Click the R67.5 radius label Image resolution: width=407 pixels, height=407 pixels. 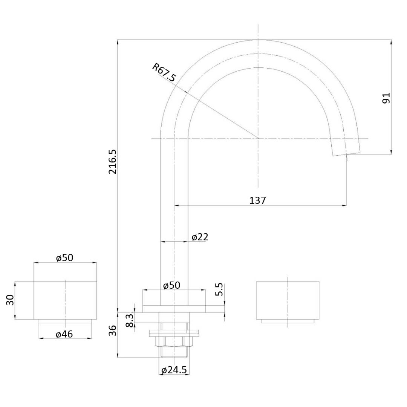[164, 72]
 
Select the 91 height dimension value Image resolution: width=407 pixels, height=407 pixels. [387, 98]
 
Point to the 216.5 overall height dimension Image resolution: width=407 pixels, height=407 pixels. [112, 161]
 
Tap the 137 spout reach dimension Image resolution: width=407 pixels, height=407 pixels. [258, 200]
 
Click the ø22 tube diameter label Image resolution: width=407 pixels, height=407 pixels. [200, 237]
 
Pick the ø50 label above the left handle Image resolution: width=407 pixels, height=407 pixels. [64, 257]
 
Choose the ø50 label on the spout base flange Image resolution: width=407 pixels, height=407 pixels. [171, 285]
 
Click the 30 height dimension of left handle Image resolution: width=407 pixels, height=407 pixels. [10, 300]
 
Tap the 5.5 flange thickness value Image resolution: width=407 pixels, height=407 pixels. [219, 289]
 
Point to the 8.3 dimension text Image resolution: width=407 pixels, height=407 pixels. [129, 320]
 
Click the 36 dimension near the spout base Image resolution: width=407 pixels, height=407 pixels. [112, 330]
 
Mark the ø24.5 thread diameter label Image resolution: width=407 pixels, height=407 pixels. [174, 370]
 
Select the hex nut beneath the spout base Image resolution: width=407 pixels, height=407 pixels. [174, 341]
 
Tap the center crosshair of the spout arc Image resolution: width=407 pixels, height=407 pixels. [258, 139]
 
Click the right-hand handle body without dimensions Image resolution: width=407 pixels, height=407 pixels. [288, 300]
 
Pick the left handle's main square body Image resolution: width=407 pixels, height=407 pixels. [65, 300]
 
